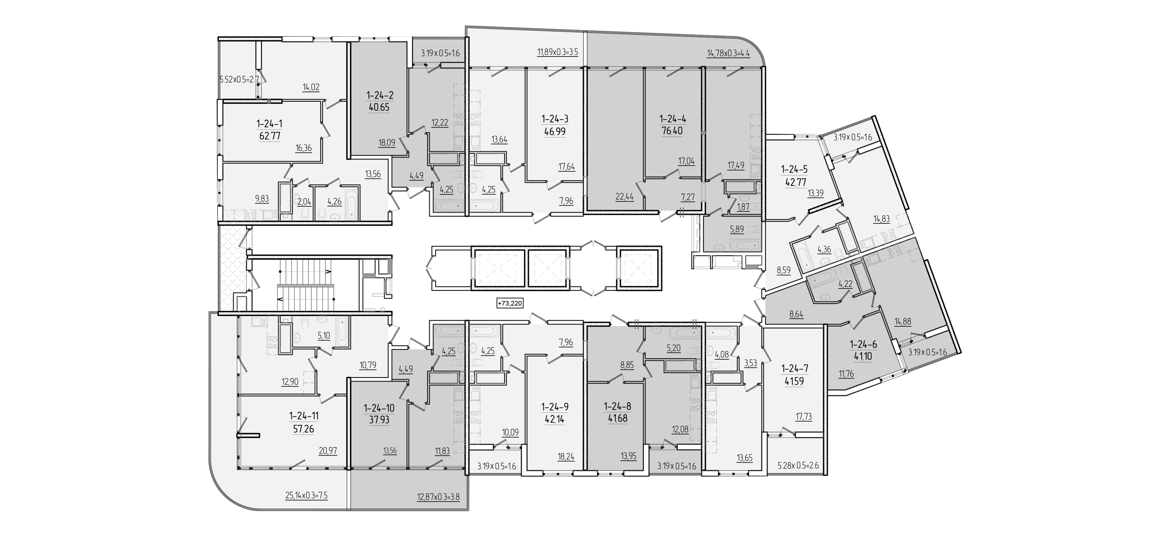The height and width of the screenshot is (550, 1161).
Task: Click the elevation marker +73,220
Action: (x=510, y=303)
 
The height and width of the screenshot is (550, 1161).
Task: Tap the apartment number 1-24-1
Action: (x=269, y=123)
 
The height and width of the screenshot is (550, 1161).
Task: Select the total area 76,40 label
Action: (x=672, y=131)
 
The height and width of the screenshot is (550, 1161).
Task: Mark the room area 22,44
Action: (x=624, y=196)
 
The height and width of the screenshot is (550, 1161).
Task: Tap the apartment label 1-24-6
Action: (x=863, y=344)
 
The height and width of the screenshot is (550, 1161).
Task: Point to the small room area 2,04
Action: (x=304, y=202)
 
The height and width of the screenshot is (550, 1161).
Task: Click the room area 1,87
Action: (x=743, y=207)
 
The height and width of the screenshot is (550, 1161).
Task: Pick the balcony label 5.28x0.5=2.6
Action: (x=798, y=465)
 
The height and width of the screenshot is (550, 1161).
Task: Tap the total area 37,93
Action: (x=379, y=420)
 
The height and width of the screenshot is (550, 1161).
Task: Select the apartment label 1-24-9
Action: (x=555, y=407)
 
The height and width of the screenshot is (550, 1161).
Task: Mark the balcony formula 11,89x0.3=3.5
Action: (x=558, y=52)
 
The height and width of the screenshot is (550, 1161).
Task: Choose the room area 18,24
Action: (x=566, y=456)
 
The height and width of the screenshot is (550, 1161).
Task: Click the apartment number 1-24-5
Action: (x=794, y=170)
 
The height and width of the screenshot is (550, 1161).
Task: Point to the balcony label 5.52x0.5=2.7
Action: (x=239, y=80)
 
